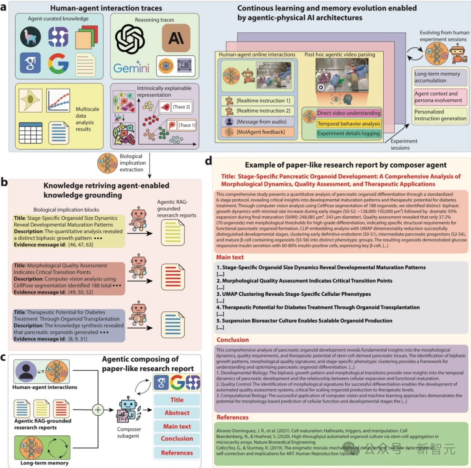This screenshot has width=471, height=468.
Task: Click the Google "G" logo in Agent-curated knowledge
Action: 58,64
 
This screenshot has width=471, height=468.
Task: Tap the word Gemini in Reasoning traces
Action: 131,68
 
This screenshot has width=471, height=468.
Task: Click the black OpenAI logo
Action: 133,39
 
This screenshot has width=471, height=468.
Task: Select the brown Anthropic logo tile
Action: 176,38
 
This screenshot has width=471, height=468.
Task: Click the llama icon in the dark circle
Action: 31,37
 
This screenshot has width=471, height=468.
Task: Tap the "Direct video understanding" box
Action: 348,113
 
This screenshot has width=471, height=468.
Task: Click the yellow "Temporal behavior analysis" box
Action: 348,124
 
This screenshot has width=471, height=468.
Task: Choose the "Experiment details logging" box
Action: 348,134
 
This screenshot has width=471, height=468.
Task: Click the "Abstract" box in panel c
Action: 177,413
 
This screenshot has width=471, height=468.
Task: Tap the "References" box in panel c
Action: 177,453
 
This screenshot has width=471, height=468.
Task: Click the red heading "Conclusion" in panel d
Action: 233,340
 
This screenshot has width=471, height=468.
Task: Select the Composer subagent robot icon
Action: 128,412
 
